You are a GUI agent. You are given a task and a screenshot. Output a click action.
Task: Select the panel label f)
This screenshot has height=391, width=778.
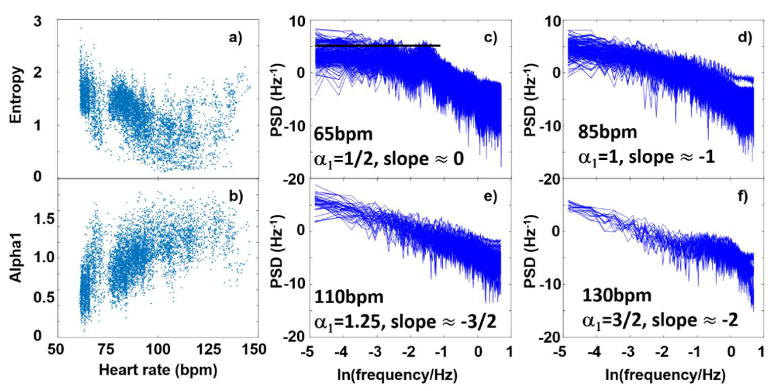pyautogui.click(x=741, y=196)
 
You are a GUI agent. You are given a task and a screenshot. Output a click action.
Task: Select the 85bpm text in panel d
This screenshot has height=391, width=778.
pyautogui.click(x=607, y=132)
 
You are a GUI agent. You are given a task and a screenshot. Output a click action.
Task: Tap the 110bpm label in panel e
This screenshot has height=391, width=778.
pyautogui.click(x=349, y=297)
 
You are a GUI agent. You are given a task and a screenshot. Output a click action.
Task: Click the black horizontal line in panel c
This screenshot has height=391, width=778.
pyautogui.click(x=378, y=46)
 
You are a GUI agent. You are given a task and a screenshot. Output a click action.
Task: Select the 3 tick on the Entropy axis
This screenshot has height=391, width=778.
pyautogui.click(x=37, y=22)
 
